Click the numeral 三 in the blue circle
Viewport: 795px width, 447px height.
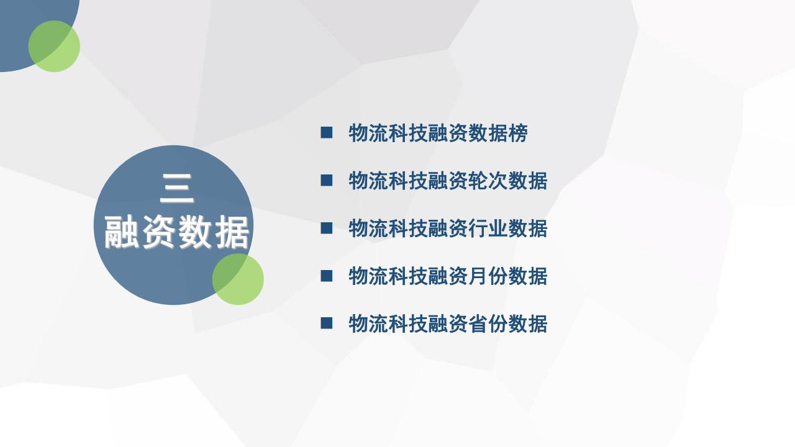177,188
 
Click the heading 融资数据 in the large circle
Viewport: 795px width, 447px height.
177,232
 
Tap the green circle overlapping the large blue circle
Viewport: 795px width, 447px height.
238,279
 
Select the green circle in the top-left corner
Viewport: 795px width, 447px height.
54,46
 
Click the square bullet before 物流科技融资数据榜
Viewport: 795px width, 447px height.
327,132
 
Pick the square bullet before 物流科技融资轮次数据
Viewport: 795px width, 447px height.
327,180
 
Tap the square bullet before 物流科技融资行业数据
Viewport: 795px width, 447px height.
327,228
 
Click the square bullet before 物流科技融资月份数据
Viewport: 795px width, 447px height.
327,276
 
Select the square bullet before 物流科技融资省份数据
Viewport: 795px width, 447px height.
327,323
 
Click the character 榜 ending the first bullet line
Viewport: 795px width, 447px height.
518,133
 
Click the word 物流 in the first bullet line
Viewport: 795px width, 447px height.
368,133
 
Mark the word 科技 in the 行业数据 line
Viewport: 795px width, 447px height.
408,228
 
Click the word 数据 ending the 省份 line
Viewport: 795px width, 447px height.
528,323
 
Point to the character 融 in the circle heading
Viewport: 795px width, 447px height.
122,232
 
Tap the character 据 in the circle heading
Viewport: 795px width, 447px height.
232,232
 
